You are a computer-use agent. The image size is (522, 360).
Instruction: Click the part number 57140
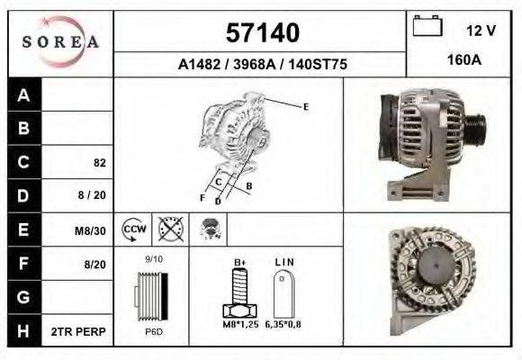click(261, 33)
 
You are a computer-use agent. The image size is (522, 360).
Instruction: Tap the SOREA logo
click(59, 42)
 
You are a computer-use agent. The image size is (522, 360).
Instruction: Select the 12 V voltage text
click(481, 31)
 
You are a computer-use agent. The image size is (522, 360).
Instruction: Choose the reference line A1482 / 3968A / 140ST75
click(263, 65)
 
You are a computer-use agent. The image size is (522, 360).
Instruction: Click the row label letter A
click(24, 95)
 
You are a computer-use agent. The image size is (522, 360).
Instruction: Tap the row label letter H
click(24, 331)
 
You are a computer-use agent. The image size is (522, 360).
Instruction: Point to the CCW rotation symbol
click(134, 229)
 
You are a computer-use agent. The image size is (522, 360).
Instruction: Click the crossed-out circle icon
click(169, 229)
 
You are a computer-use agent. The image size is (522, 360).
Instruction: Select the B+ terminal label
click(240, 262)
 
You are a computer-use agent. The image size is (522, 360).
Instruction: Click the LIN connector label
click(284, 262)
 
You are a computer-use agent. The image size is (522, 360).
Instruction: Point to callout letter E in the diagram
click(306, 107)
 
